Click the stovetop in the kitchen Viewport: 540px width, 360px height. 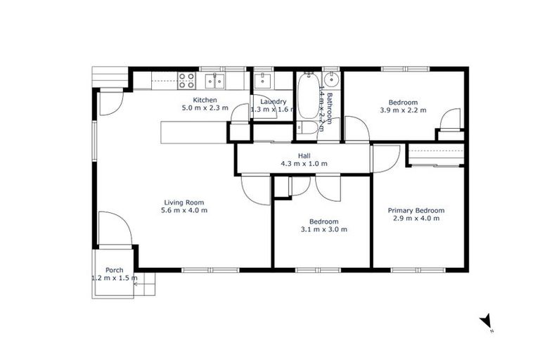[186, 79]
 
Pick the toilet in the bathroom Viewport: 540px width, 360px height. [307, 127]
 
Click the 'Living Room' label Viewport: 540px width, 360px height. [184, 202]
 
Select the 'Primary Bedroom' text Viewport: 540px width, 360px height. [416, 210]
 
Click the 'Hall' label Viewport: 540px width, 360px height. [304, 155]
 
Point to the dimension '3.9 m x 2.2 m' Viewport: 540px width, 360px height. [403, 110]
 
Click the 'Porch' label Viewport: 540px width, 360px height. [114, 270]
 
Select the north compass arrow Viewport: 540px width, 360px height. [485, 321]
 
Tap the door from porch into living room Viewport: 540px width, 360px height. [111, 229]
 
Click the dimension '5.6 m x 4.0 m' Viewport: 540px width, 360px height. [184, 210]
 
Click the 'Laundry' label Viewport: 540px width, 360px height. [269, 101]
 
